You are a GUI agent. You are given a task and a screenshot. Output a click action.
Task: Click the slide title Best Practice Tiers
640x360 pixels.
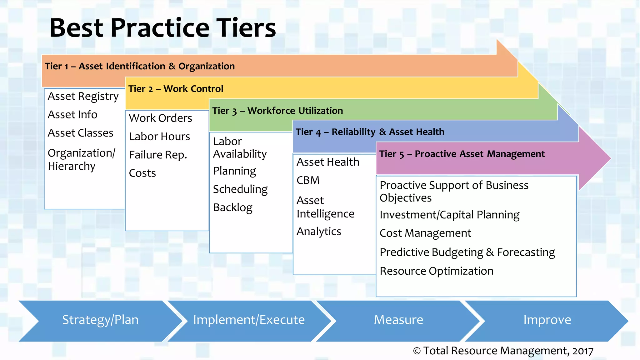(162, 28)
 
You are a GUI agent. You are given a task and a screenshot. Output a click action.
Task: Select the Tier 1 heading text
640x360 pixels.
(140, 66)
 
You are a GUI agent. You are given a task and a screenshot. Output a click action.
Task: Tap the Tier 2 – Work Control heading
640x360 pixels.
(176, 89)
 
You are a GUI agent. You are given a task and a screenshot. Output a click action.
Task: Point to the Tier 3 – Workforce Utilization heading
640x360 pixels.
(277, 111)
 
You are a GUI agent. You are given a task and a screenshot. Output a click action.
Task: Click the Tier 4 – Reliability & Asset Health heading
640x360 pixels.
(370, 132)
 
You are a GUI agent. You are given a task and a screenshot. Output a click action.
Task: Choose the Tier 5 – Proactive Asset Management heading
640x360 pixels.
(462, 154)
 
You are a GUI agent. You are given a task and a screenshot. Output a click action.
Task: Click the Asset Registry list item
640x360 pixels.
(83, 97)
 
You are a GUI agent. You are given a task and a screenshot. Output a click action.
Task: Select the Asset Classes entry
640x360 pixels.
(80, 133)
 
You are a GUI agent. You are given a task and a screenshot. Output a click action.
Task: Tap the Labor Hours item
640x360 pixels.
(159, 137)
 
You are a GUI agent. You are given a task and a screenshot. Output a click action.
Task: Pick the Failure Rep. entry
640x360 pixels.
(158, 155)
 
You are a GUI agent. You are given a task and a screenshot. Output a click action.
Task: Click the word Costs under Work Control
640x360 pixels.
(142, 173)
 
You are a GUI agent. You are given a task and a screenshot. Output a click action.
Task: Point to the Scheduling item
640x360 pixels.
(240, 189)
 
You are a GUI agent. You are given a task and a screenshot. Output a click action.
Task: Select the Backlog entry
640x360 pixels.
(232, 207)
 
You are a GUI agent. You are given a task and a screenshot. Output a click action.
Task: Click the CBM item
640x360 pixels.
(308, 180)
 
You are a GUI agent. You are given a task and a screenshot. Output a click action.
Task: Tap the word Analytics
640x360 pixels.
(318, 232)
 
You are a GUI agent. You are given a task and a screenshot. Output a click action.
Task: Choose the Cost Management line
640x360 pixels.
(425, 233)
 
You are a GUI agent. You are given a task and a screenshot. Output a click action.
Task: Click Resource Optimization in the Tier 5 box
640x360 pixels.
(436, 271)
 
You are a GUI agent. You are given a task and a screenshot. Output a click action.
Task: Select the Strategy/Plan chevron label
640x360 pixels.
(100, 320)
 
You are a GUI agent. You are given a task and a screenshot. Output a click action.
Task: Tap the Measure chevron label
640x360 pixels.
(398, 320)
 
